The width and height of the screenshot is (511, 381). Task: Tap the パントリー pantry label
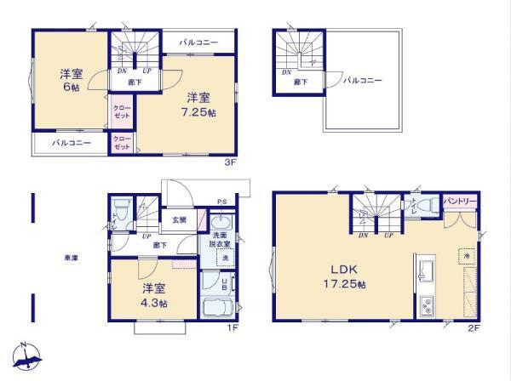(461, 202)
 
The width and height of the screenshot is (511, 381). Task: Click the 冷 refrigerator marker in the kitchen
(467, 254)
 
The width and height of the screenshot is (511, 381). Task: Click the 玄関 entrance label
(179, 219)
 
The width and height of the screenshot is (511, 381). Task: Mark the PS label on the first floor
(221, 201)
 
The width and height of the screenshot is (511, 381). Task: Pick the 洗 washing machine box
(226, 257)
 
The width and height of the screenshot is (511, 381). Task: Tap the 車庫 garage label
(71, 256)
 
